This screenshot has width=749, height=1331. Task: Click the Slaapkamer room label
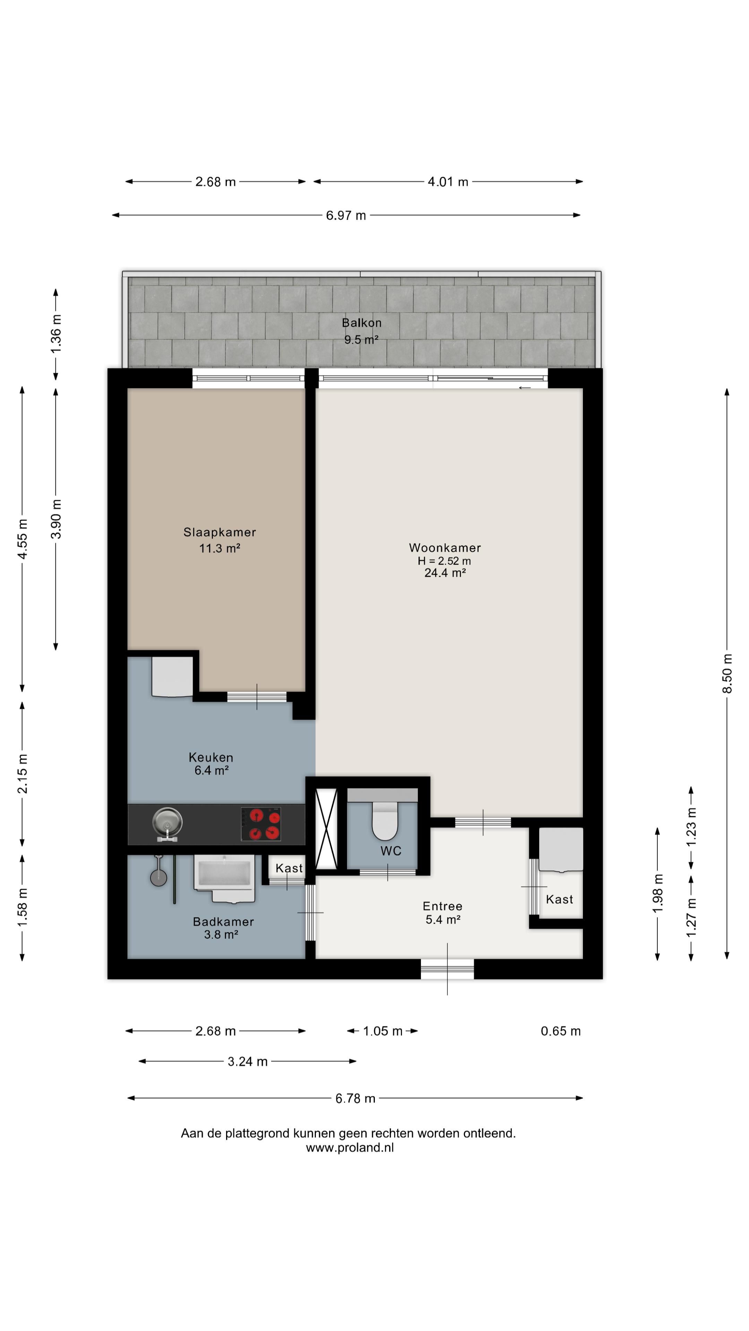click(220, 532)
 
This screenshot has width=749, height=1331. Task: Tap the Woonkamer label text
click(445, 548)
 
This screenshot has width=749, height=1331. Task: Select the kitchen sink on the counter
click(167, 824)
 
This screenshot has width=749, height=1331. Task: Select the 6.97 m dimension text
click(346, 216)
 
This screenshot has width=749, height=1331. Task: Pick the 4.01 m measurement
click(448, 182)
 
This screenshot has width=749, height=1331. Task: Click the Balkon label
click(362, 323)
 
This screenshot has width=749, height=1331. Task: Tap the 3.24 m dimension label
click(248, 1061)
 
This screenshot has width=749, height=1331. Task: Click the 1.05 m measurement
click(382, 1031)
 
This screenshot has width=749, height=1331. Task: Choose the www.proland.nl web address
click(350, 1148)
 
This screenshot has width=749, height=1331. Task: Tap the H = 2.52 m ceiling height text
click(445, 560)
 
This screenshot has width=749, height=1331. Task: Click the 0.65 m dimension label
click(561, 1031)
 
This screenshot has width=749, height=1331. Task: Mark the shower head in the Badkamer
click(158, 877)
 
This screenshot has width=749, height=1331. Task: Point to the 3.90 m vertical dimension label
click(56, 519)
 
